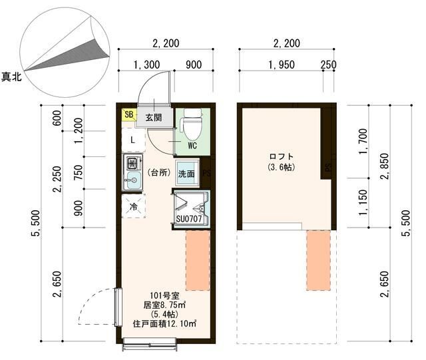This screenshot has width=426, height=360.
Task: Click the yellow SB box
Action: tap(128, 115)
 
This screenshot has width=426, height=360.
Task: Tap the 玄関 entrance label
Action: tap(154, 117)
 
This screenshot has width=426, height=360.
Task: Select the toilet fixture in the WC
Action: tap(192, 123)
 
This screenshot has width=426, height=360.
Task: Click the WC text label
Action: tap(192, 146)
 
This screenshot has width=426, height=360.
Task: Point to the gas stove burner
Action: tap(133, 163)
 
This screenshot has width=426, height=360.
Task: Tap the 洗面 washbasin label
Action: tap(186, 174)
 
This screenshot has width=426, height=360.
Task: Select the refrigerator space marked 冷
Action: tap(133, 206)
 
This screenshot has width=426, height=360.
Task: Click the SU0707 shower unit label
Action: tap(189, 218)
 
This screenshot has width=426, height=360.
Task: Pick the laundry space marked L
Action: tap(133, 140)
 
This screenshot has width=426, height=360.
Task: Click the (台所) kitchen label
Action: tap(159, 172)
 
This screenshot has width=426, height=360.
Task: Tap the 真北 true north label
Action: tap(11, 77)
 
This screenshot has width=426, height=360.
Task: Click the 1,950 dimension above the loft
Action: tap(282, 65)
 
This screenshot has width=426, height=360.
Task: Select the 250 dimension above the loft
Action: tap(328, 65)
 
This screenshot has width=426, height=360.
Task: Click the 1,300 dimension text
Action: tap(146, 65)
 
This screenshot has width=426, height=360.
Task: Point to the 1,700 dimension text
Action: tap(363, 141)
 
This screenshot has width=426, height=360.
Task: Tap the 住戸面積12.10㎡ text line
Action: tap(164, 324)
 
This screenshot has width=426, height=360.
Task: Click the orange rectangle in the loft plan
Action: tap(318, 260)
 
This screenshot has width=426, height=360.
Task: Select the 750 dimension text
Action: tap(78, 172)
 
